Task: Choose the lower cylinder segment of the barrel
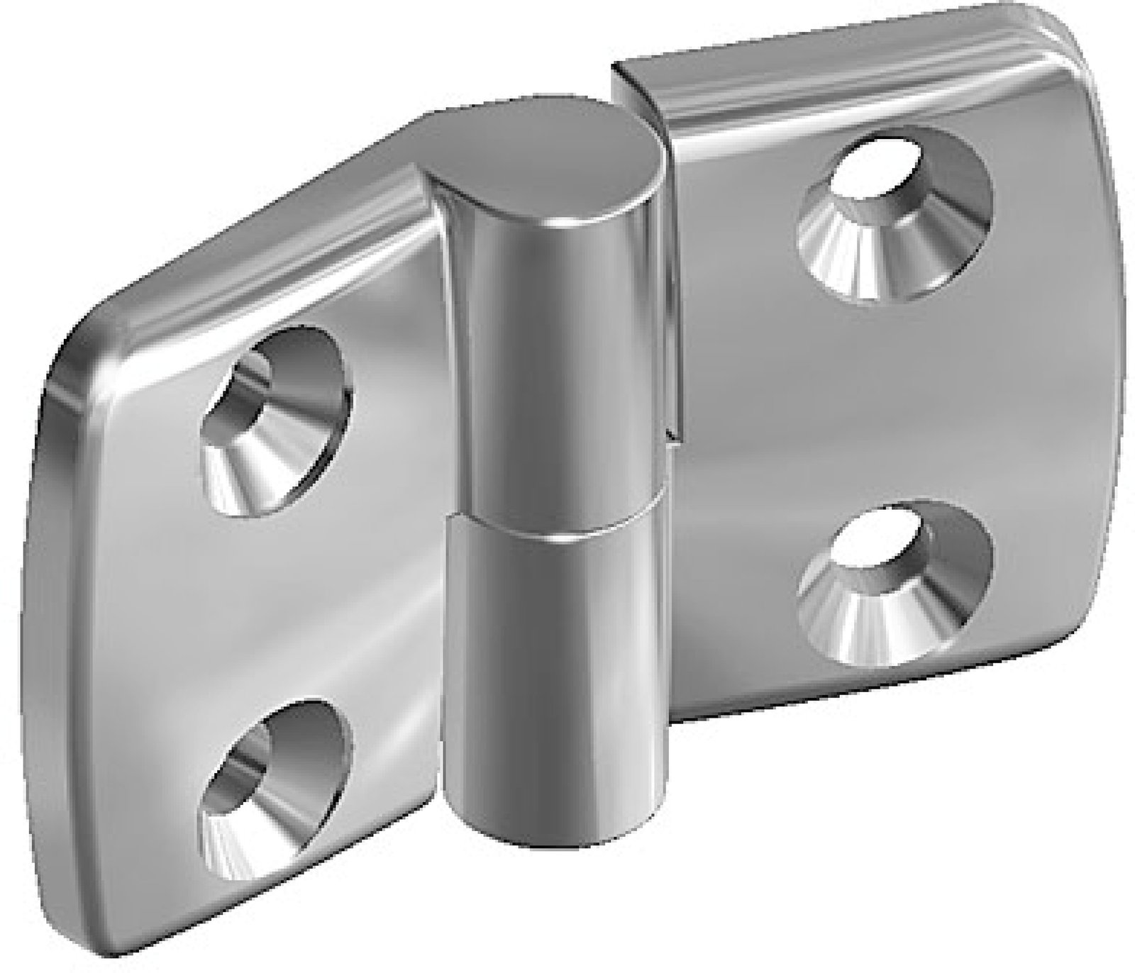pyautogui.click(x=546, y=674)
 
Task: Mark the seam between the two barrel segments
pyautogui.click(x=553, y=528)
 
